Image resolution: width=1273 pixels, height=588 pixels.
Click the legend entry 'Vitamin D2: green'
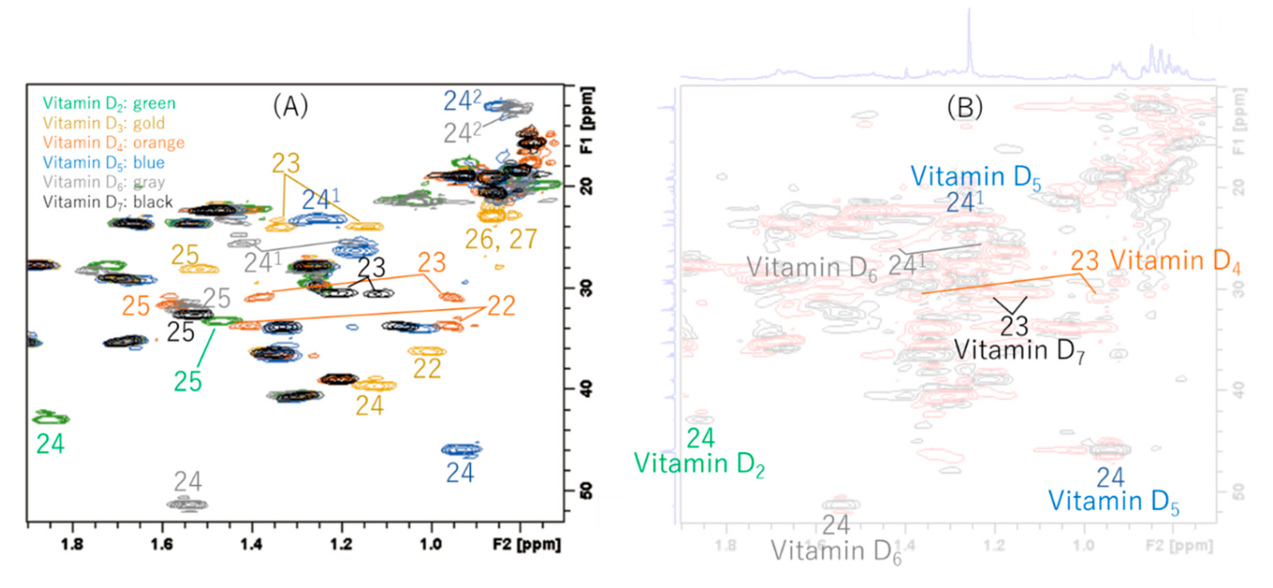[x=109, y=103]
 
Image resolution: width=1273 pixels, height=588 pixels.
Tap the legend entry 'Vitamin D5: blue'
[x=103, y=163]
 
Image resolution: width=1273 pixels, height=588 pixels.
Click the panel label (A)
[x=291, y=106]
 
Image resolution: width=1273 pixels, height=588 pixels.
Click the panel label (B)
[x=965, y=107]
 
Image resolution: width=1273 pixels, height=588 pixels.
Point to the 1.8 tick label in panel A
[x=72, y=545]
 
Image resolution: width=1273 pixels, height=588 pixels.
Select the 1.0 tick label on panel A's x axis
[x=431, y=545]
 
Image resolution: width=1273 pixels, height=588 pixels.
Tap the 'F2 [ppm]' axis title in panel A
[x=527, y=545]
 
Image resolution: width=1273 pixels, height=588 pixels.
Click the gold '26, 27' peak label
[x=501, y=240]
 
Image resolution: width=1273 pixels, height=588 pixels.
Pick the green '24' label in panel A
[x=50, y=444]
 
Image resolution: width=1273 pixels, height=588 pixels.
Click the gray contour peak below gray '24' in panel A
[x=187, y=504]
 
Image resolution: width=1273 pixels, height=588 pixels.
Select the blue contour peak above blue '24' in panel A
[x=462, y=450]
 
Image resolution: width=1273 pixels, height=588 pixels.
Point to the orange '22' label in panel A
[x=501, y=306]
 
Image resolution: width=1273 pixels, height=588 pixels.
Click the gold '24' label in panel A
[x=370, y=406]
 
